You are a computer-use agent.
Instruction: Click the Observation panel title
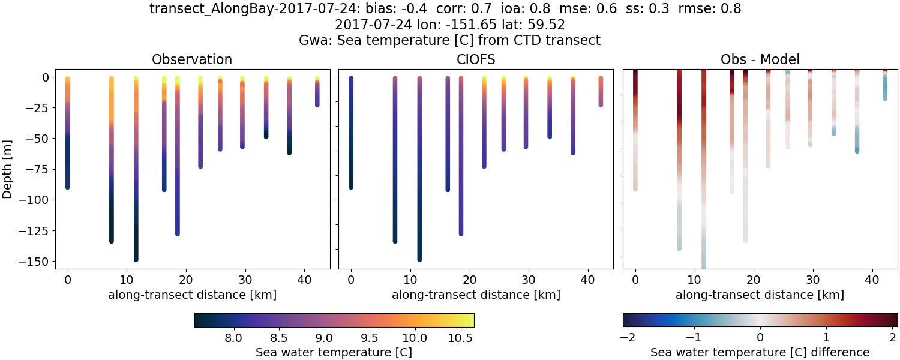click(x=192, y=59)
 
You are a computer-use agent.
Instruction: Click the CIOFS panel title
click(x=476, y=59)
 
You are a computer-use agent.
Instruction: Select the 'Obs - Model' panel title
click(x=760, y=59)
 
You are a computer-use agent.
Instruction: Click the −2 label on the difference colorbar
click(x=628, y=337)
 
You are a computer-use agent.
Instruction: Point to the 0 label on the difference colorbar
click(x=760, y=337)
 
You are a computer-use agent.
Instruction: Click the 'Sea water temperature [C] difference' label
click(x=760, y=352)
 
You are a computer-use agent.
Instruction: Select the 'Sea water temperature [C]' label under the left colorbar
click(x=334, y=352)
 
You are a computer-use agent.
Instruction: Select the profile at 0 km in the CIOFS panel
click(x=351, y=132)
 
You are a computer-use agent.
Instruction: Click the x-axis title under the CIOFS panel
click(x=476, y=295)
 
